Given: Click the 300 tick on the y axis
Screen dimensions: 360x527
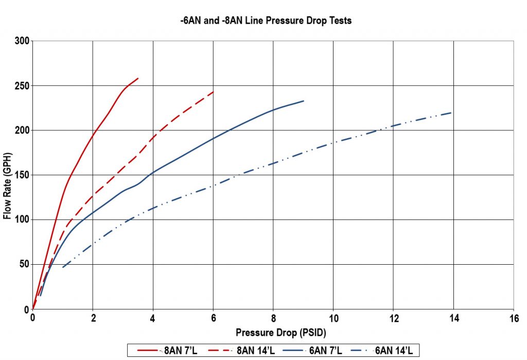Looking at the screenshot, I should click(21, 41).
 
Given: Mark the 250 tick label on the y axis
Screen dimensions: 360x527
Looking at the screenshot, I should click(21, 85).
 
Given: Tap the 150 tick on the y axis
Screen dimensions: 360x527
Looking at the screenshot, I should click(21, 175).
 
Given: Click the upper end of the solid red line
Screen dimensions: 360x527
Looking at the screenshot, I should click(138, 78).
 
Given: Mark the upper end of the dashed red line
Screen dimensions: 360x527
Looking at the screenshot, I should click(213, 92).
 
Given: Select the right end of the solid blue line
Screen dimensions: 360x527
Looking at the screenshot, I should click(304, 101).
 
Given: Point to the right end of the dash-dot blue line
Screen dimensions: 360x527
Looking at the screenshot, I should click(451, 113).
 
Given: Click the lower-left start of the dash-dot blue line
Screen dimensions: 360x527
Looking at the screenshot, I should click(63, 267).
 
